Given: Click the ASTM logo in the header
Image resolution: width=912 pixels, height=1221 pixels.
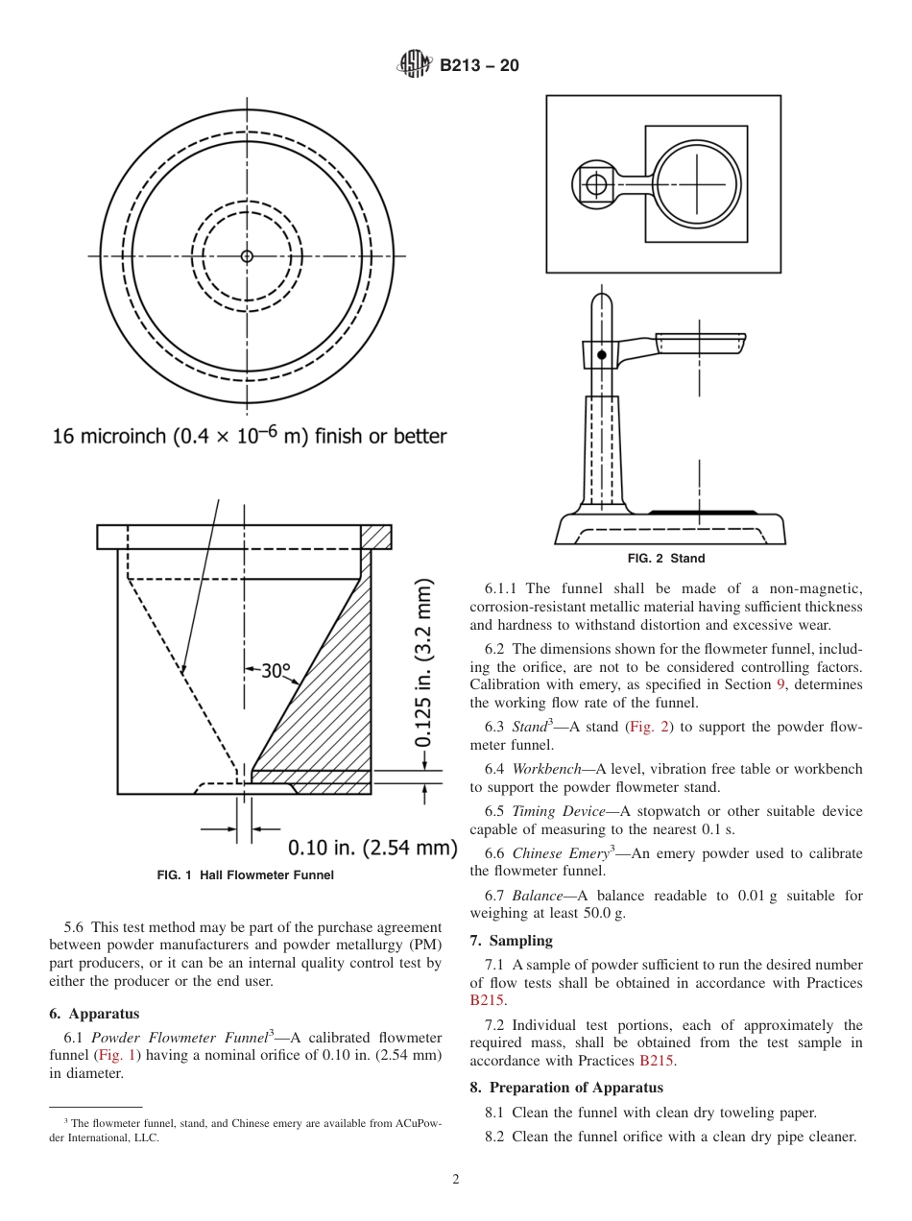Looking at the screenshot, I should click(414, 65).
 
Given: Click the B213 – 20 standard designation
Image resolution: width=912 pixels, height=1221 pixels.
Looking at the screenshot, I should click(479, 65).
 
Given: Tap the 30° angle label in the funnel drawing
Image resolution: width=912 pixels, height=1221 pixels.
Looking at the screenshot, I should click(276, 670).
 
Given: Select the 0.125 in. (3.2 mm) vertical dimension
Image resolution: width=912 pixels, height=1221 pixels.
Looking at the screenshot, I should click(423, 662).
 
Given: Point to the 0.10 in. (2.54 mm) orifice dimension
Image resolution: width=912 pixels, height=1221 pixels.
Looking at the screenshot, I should click(372, 847).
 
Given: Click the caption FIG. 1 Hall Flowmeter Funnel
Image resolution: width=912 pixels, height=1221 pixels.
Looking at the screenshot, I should click(245, 875).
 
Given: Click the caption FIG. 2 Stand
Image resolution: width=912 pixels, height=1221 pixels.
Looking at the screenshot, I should click(666, 559).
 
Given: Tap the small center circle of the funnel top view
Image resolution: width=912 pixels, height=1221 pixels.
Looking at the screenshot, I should click(247, 256).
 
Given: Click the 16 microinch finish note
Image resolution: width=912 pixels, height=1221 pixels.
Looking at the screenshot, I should click(250, 436).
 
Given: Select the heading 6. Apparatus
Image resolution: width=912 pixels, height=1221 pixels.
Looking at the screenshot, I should click(94, 1014).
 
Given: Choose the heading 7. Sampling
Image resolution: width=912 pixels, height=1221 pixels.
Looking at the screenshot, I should click(511, 941).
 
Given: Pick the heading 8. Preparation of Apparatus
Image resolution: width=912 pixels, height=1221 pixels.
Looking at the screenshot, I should click(565, 1088).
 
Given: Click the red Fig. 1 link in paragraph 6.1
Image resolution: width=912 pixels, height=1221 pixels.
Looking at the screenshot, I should click(121, 1055).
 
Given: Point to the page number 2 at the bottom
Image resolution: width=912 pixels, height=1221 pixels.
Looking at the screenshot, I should click(456, 1180).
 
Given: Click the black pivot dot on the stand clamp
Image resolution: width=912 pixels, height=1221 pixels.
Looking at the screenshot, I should click(602, 355).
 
